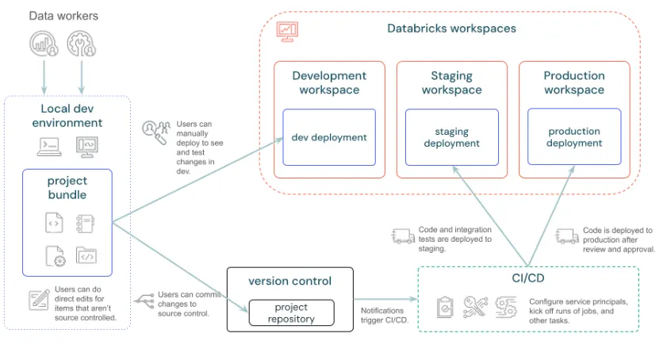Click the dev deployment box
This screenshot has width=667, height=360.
(x=329, y=137)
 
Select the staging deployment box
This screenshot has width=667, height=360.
(x=451, y=137)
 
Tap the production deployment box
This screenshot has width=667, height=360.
(x=573, y=137)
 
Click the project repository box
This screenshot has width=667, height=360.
(x=291, y=313)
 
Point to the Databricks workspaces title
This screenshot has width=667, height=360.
(x=451, y=29)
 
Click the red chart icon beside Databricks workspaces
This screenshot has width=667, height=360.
(x=287, y=30)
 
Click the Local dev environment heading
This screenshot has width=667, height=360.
(x=67, y=115)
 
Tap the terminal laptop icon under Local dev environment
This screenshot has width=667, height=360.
(x=48, y=146)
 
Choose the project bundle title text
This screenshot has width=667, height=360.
(x=67, y=189)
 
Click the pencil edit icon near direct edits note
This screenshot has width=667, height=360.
(x=39, y=300)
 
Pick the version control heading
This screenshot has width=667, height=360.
(x=289, y=281)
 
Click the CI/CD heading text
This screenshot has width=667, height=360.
(x=527, y=278)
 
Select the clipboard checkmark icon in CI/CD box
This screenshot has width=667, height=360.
(x=446, y=307)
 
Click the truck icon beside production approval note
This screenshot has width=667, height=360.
(x=567, y=236)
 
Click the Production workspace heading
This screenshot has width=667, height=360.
(x=573, y=82)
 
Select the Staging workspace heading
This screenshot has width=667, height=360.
(x=451, y=82)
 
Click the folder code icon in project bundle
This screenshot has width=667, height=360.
(x=86, y=255)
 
